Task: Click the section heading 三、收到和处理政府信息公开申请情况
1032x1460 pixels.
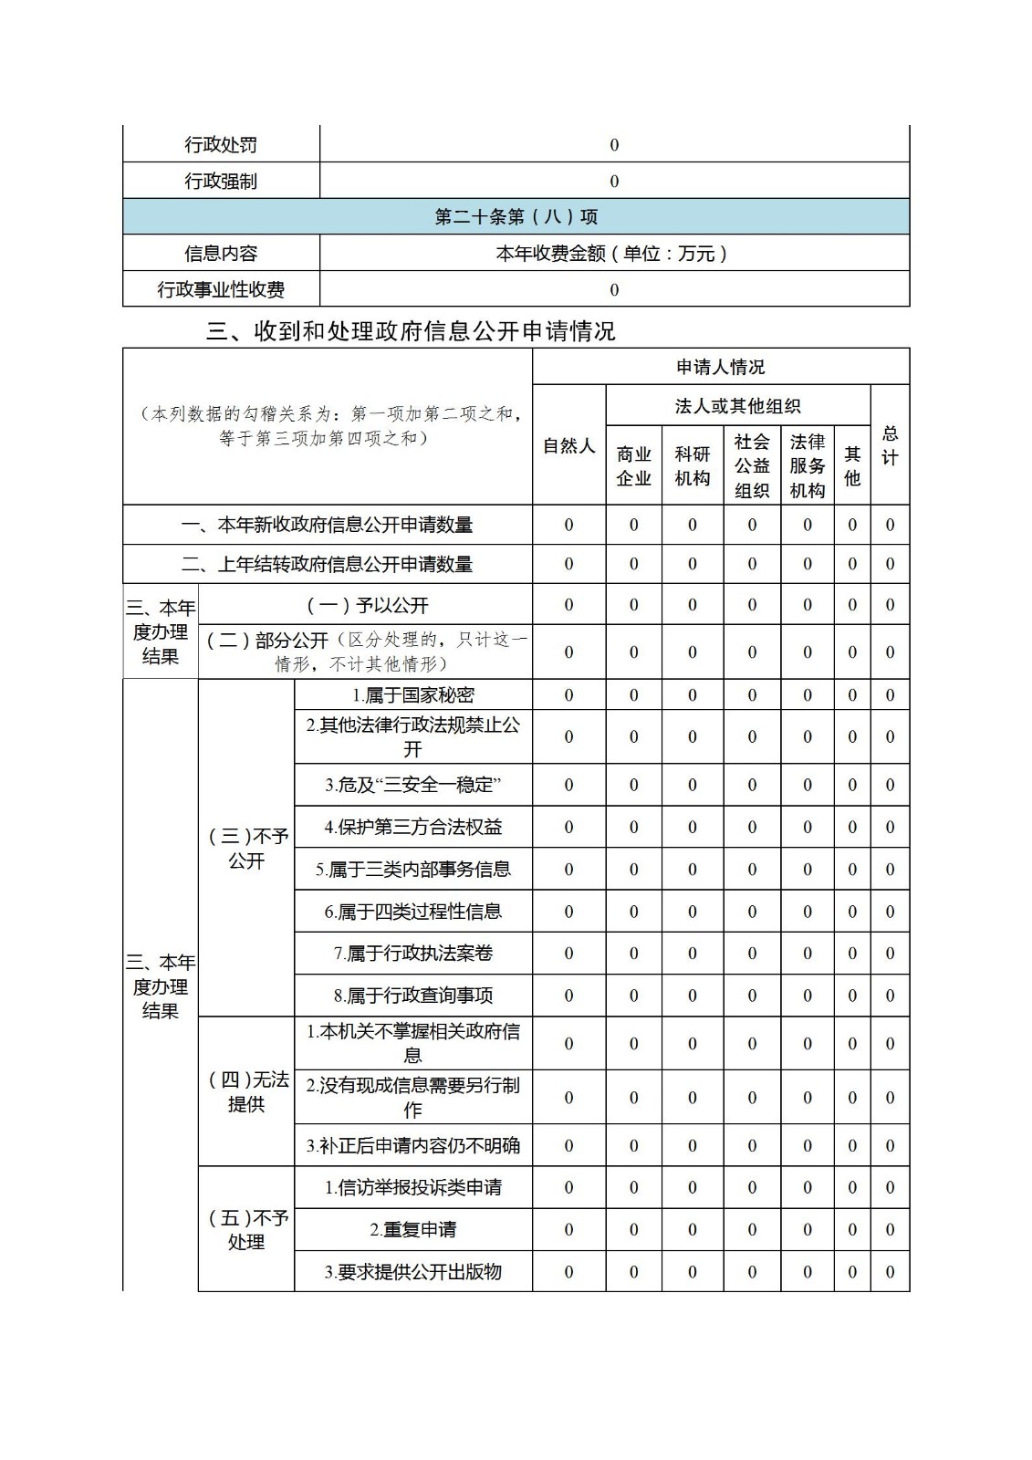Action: (x=411, y=331)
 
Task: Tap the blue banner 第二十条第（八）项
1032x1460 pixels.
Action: (x=516, y=217)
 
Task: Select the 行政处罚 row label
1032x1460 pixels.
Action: (x=221, y=145)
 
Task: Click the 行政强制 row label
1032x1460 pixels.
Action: (x=221, y=181)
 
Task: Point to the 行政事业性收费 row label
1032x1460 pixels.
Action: (x=221, y=289)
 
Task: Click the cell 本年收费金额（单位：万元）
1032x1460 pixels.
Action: (x=613, y=253)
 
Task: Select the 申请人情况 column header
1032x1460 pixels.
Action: (x=720, y=367)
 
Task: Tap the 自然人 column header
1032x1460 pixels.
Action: (x=568, y=445)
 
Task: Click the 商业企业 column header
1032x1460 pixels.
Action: (x=633, y=465)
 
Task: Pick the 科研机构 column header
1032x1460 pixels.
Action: (x=692, y=465)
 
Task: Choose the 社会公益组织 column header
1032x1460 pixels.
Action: (x=752, y=465)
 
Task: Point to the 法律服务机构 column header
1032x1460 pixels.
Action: (x=807, y=465)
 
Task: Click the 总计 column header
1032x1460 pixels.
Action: (x=890, y=445)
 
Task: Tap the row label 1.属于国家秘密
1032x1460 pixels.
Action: (x=412, y=695)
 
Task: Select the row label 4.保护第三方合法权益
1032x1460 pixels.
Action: (x=412, y=828)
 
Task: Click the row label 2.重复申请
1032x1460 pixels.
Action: (x=412, y=1230)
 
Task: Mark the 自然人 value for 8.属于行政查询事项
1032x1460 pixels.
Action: (x=568, y=996)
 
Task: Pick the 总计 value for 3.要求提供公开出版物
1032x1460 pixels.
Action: (x=890, y=1272)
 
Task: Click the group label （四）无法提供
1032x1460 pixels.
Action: (x=246, y=1091)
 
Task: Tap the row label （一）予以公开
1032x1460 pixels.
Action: (x=365, y=605)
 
